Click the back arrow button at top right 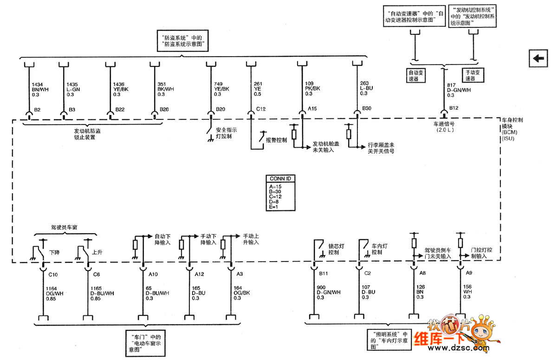pyautogui.click(x=539, y=58)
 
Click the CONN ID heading pyautogui.click(x=281, y=178)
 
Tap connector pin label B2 pyautogui.click(x=38, y=110)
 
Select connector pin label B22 pyautogui.click(x=120, y=110)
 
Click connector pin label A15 pyautogui.click(x=312, y=110)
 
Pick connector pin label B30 pyautogui.click(x=367, y=110)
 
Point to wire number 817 pyautogui.click(x=451, y=85)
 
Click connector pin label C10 pyautogui.click(x=53, y=274)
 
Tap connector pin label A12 pyautogui.click(x=199, y=274)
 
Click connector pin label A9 pyautogui.click(x=469, y=274)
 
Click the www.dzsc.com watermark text pyautogui.click(x=457, y=347)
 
